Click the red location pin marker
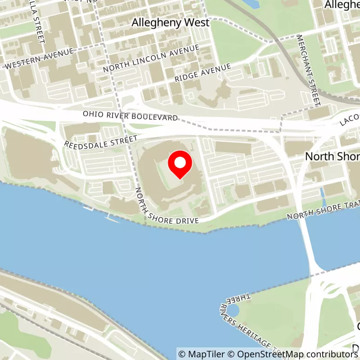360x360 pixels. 180,164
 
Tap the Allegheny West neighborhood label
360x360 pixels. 171,22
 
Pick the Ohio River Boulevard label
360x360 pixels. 130,116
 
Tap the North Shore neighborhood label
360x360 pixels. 332,156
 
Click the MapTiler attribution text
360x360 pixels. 201,354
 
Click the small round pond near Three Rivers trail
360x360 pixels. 233,310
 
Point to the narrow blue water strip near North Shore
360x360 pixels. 322,194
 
